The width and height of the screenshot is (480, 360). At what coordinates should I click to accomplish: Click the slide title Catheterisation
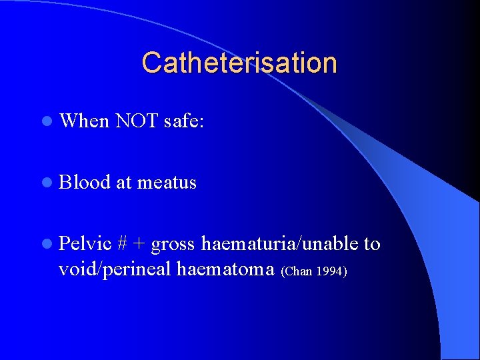tap(239, 63)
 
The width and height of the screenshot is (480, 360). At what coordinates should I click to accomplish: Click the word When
tap(84, 121)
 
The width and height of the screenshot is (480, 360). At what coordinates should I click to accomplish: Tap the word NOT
tap(136, 121)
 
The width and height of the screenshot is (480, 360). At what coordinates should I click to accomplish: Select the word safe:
tap(183, 121)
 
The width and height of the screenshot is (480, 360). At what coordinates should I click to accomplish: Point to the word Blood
tap(85, 182)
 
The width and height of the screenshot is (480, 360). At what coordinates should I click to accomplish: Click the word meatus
tap(167, 183)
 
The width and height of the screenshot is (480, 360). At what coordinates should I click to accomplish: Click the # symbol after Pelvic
tap(122, 244)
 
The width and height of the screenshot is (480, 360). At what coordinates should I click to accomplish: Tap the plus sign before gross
tap(139, 245)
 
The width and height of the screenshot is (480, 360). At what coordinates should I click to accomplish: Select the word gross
tap(173, 245)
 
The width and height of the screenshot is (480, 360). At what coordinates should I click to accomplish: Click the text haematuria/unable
tap(279, 244)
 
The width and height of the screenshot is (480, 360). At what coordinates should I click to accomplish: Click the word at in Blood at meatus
tap(123, 183)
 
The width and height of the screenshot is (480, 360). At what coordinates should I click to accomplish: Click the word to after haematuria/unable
tap(372, 244)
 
